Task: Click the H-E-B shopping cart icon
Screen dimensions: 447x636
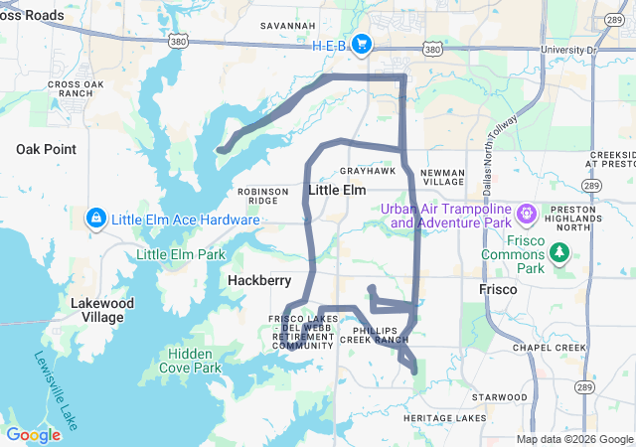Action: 361,44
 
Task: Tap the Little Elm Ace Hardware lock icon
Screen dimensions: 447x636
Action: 95,218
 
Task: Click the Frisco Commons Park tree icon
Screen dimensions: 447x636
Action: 560,252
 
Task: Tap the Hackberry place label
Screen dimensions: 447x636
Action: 258,281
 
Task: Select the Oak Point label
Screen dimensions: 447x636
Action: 46,149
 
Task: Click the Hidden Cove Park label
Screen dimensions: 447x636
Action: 194,361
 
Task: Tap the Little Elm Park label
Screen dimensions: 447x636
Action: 181,254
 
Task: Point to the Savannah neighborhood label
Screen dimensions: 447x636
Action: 287,25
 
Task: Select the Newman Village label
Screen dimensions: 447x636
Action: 442,177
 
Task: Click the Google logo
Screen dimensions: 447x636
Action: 33,434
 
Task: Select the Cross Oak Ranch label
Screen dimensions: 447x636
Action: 76,88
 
